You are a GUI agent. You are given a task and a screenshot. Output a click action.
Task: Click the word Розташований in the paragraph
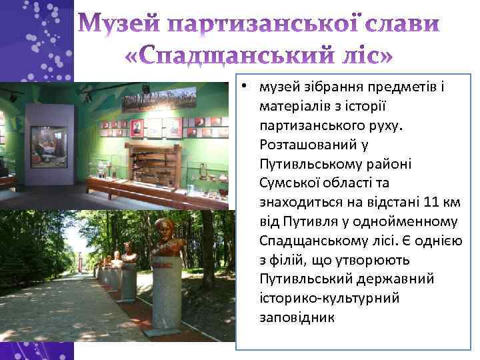(303, 144)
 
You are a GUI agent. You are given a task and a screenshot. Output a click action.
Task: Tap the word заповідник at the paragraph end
(297, 317)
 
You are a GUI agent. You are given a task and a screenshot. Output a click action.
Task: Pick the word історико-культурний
(329, 297)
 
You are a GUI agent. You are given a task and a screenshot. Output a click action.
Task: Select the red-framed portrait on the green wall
(137, 127)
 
